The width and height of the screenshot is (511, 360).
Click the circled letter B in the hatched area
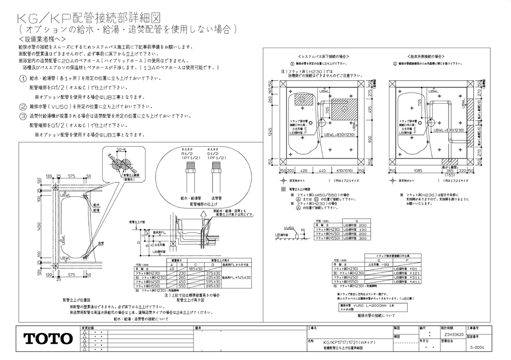pyautogui.click(x=302, y=98)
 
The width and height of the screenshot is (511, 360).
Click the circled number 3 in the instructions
pyautogui.click(x=23, y=116)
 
